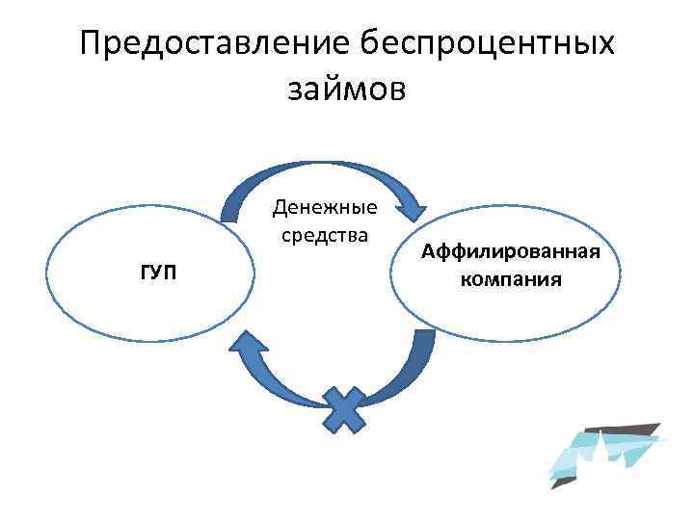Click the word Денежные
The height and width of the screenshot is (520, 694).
[325, 208]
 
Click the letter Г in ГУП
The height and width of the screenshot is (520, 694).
[146, 273]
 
